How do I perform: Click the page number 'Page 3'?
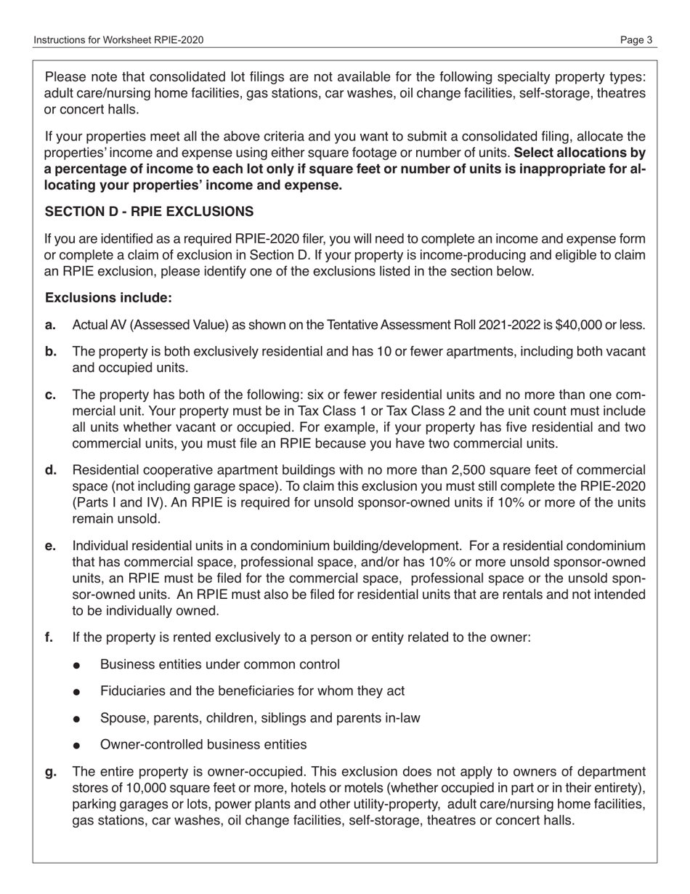click(x=636, y=41)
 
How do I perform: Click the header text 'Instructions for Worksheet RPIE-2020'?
click(x=118, y=41)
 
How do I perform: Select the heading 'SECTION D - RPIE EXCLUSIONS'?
click(x=149, y=212)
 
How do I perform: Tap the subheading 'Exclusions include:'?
click(x=109, y=298)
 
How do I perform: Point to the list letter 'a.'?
click(x=51, y=325)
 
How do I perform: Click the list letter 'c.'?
click(x=51, y=395)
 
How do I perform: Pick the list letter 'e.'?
click(x=51, y=546)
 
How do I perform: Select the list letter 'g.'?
click(x=51, y=772)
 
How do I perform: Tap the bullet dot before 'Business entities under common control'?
click(x=78, y=666)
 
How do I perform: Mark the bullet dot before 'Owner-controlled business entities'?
click(x=78, y=746)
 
